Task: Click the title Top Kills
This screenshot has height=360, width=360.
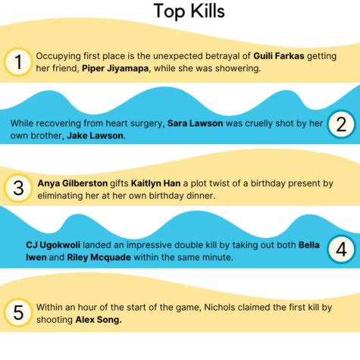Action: click(x=189, y=11)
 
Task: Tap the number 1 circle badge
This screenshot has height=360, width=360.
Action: click(x=18, y=62)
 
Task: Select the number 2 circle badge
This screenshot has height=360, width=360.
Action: click(x=341, y=124)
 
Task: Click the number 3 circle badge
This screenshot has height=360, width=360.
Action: click(x=18, y=188)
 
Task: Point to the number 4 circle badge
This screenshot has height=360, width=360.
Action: click(x=341, y=249)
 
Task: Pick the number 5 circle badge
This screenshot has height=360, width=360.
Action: click(x=18, y=312)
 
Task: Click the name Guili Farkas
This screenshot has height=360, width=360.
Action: click(x=279, y=56)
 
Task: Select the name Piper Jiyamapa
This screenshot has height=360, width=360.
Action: click(x=115, y=68)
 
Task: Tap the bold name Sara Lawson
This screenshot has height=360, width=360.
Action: click(x=195, y=124)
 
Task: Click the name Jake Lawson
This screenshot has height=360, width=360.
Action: click(x=95, y=136)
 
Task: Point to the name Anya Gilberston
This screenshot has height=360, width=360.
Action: click(x=73, y=183)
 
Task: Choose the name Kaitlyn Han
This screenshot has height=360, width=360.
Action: click(x=155, y=183)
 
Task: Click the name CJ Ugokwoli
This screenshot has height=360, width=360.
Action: click(x=53, y=245)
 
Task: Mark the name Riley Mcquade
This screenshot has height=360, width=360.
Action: click(x=99, y=258)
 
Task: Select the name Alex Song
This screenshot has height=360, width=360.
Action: click(x=99, y=320)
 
